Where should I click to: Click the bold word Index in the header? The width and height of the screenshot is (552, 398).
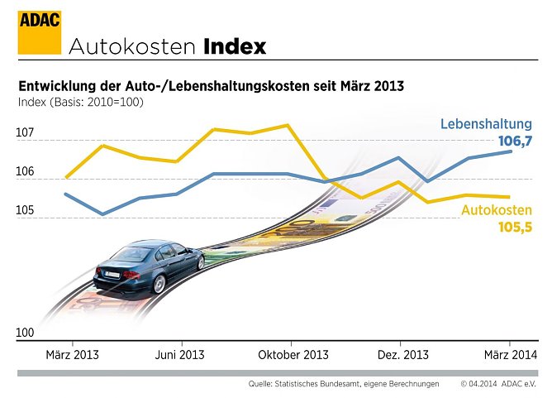point(235,46)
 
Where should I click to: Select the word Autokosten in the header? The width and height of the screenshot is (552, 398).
point(133,46)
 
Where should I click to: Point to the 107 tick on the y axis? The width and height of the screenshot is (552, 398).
point(25,132)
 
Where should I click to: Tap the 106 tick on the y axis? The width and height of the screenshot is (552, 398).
point(25,171)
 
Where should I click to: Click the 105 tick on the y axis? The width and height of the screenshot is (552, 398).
point(25,210)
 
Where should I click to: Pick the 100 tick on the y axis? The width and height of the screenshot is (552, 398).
point(25,333)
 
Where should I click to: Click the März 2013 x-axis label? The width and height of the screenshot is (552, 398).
point(71,354)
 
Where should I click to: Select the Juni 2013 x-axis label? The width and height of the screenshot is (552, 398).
point(179,354)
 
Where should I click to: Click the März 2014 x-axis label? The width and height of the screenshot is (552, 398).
point(509,354)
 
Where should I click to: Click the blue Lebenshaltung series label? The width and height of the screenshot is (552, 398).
point(486,125)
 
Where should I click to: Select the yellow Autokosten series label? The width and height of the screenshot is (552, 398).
point(496,210)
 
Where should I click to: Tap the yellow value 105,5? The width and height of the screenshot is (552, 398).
point(515,227)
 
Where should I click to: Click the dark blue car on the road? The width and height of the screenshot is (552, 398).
point(149,266)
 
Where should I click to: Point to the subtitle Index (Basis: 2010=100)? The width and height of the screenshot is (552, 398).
point(80,102)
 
